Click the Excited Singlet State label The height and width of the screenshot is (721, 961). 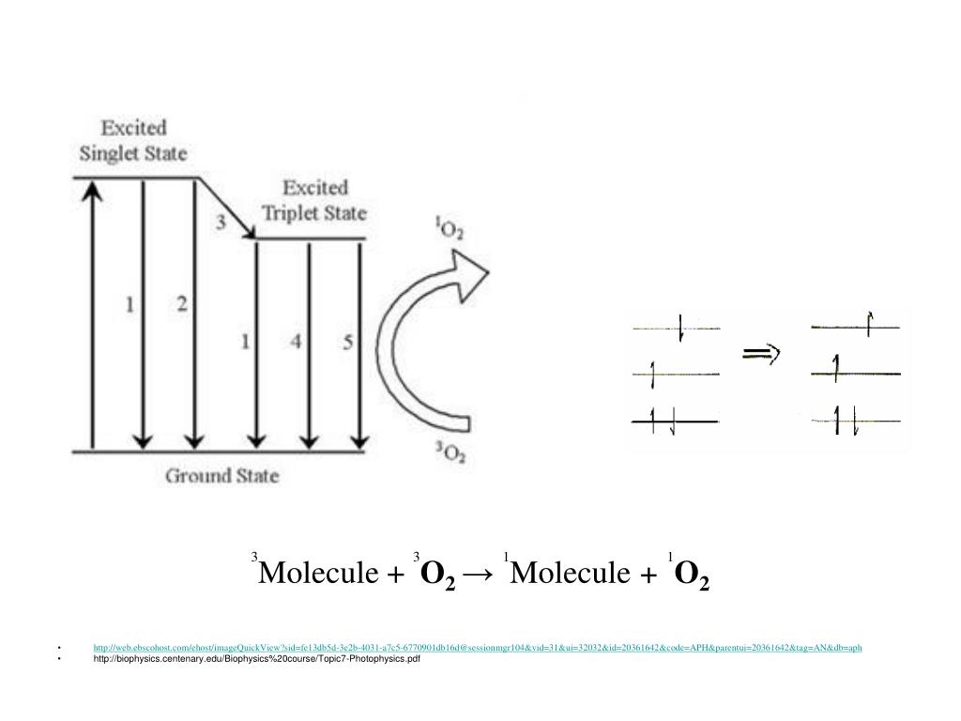145,140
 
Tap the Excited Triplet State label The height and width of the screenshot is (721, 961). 314,200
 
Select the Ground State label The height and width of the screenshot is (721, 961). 221,475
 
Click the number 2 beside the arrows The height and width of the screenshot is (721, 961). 182,304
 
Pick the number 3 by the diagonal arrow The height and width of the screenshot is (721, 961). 221,222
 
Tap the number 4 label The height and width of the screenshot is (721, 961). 296,343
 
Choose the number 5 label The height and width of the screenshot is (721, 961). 348,343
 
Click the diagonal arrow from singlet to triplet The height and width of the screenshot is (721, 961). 227,207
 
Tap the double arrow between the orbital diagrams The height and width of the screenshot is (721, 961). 761,354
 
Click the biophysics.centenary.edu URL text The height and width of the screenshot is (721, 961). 256,659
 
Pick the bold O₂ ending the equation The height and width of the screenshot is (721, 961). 692,575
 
